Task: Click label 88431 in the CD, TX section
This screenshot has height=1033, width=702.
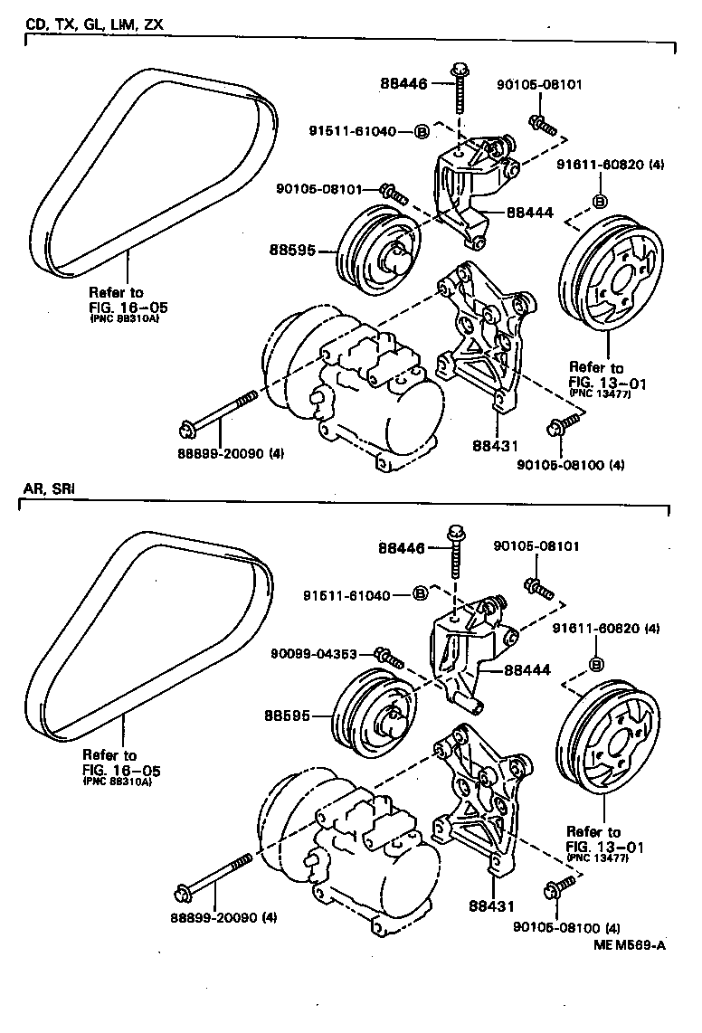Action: pyautogui.click(x=496, y=446)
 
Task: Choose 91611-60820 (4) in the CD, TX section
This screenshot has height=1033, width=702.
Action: pyautogui.click(x=610, y=166)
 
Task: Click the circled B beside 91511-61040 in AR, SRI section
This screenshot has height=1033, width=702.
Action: pyautogui.click(x=420, y=594)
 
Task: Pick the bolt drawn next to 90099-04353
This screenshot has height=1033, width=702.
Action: pyautogui.click(x=390, y=655)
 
